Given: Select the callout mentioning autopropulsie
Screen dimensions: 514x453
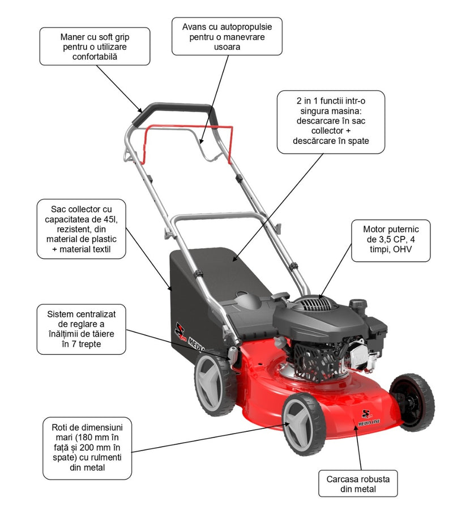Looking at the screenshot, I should coord(227,36).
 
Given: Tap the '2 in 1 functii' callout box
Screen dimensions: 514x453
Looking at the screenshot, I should coord(331,121).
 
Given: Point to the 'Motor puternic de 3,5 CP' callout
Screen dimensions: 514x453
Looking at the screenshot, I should coord(391,240).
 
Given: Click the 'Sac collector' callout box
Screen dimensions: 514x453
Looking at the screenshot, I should coord(81,229).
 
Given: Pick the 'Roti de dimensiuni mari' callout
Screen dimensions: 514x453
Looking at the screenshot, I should coord(88,448).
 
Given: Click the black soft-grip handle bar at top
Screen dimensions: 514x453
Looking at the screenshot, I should coord(172,110).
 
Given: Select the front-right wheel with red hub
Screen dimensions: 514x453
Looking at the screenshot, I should coord(412,401).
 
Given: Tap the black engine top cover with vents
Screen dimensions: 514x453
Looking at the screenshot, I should coord(311,312).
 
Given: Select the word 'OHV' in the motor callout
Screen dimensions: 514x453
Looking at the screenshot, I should coord(402,250).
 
